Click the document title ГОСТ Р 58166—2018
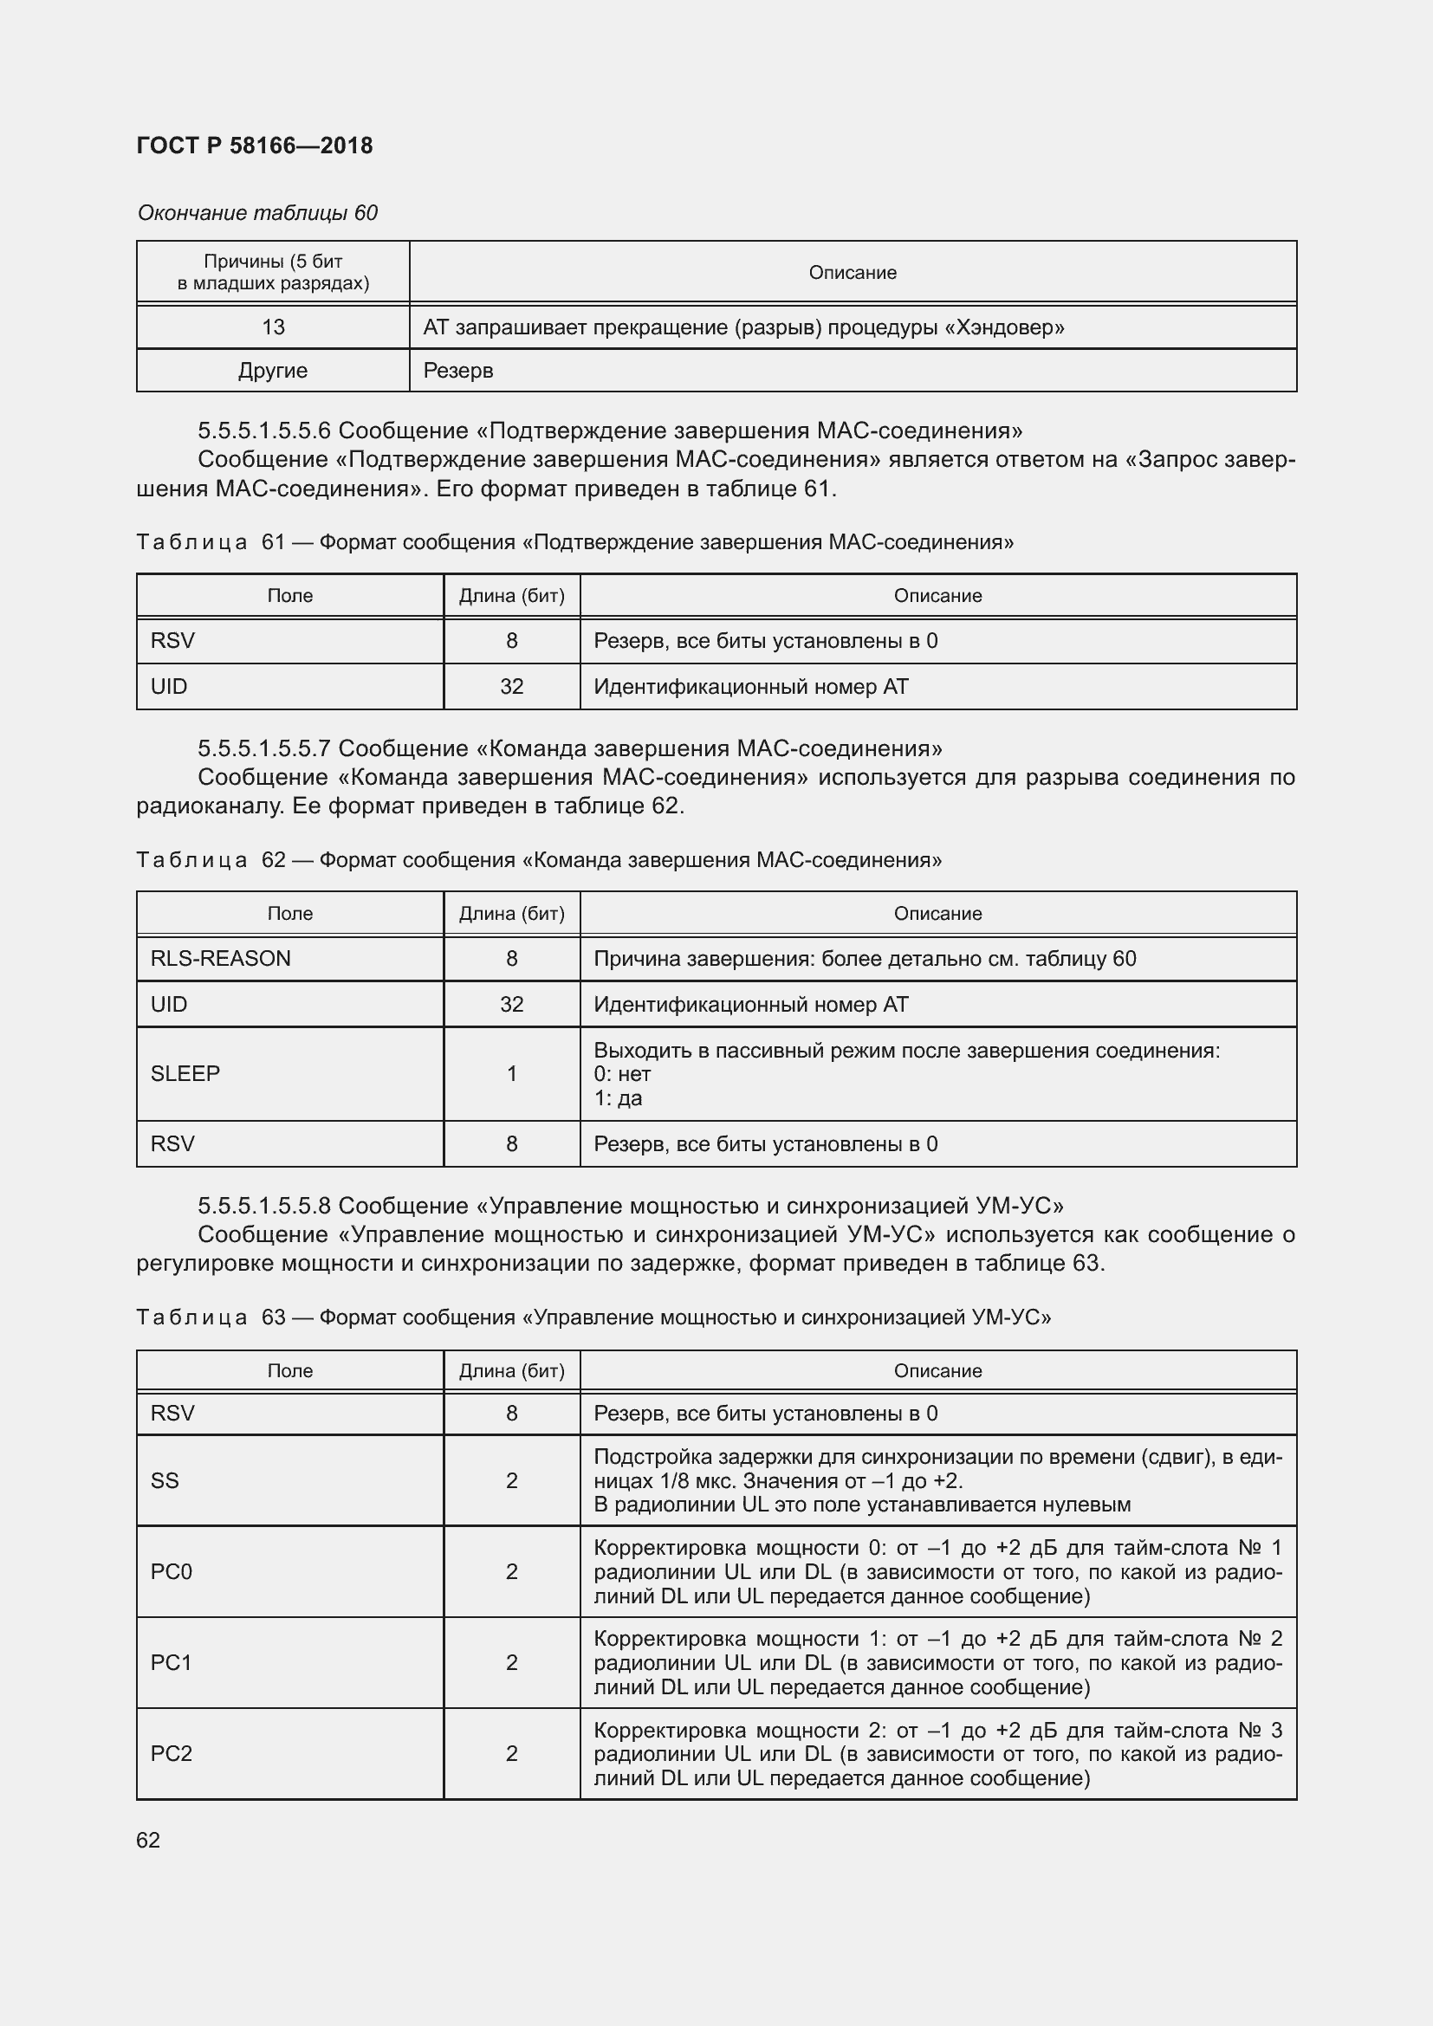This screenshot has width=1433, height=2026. click(x=255, y=146)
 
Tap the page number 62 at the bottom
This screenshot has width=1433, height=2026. click(x=148, y=1840)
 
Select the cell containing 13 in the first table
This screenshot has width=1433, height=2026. click(x=273, y=327)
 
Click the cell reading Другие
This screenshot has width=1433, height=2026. click(x=273, y=371)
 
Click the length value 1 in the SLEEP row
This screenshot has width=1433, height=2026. click(x=512, y=1073)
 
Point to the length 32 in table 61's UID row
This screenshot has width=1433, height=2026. click(x=512, y=687)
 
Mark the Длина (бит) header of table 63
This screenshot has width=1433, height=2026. click(x=512, y=1370)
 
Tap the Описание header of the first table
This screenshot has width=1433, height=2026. click(x=853, y=273)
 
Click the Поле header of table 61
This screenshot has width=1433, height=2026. click(x=290, y=596)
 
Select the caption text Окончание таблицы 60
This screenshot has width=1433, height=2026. click(x=257, y=213)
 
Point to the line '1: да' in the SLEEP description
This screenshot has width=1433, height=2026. click(x=618, y=1097)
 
